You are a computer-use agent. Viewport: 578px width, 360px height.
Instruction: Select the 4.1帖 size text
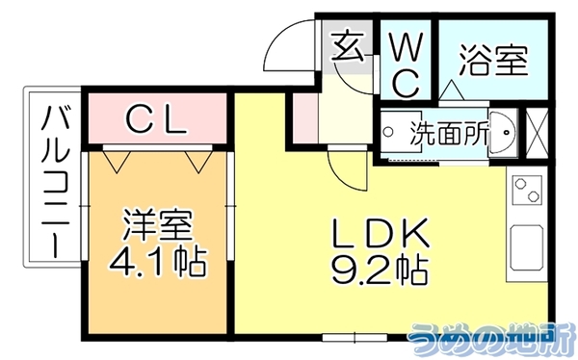point(157,262)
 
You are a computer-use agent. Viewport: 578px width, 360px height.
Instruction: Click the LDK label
point(381,233)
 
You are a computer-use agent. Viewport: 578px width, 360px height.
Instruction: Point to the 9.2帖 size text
point(381,270)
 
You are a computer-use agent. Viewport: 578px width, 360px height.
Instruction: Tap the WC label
point(406,66)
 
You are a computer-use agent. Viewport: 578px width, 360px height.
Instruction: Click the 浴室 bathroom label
point(493,60)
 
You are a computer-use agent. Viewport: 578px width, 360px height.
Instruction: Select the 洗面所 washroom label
point(450,133)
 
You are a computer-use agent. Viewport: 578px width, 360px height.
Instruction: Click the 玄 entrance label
point(348,45)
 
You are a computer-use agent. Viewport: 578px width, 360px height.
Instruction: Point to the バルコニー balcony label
point(55,181)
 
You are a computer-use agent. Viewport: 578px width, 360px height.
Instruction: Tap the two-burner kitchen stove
point(527,190)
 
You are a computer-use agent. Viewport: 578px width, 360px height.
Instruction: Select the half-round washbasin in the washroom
point(501,132)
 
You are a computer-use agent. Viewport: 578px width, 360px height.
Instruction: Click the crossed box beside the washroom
point(537,133)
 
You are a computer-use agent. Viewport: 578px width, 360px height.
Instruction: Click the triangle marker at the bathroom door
point(452,90)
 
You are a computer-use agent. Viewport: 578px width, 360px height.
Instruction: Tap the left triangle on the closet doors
point(117,162)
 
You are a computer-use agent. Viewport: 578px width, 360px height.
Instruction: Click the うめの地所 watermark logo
point(492,338)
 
